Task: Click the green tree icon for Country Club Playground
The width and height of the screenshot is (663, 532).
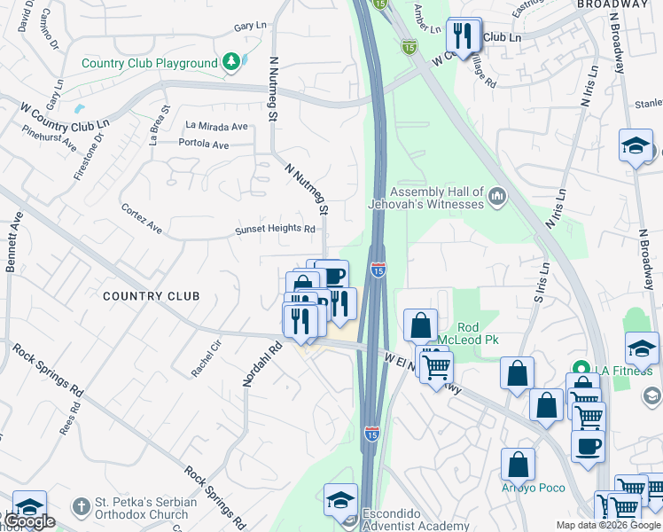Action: pyautogui.click(x=230, y=62)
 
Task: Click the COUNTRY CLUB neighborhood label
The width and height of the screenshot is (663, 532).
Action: pyautogui.click(x=150, y=295)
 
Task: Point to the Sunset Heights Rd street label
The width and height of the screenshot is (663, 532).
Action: pyautogui.click(x=275, y=230)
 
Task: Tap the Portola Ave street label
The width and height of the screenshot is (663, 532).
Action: pyautogui.click(x=203, y=145)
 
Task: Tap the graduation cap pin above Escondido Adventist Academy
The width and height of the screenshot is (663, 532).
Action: pyautogui.click(x=340, y=500)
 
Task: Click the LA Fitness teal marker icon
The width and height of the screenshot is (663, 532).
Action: pyautogui.click(x=581, y=368)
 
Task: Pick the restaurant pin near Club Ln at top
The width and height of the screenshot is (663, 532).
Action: pyautogui.click(x=464, y=36)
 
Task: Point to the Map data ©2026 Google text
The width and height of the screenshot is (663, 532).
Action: pyautogui.click(x=607, y=525)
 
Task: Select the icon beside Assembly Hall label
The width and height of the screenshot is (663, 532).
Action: pyautogui.click(x=496, y=194)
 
